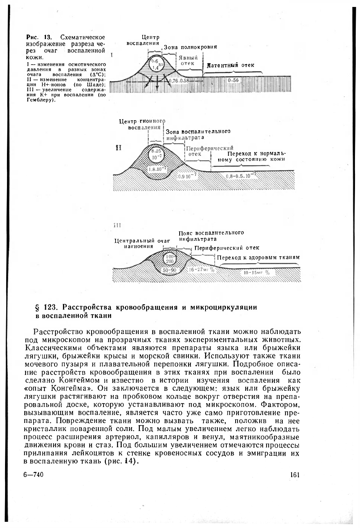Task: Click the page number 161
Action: [294, 475]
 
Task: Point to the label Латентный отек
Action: [231, 65]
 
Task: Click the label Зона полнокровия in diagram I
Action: [190, 47]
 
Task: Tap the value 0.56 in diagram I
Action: [233, 80]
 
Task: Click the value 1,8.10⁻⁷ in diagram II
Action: [157, 169]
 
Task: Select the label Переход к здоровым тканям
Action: [258, 257]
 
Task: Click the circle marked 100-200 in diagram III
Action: [170, 259]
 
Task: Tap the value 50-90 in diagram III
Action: [170, 270]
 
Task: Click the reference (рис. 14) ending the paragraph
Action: [121, 462]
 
